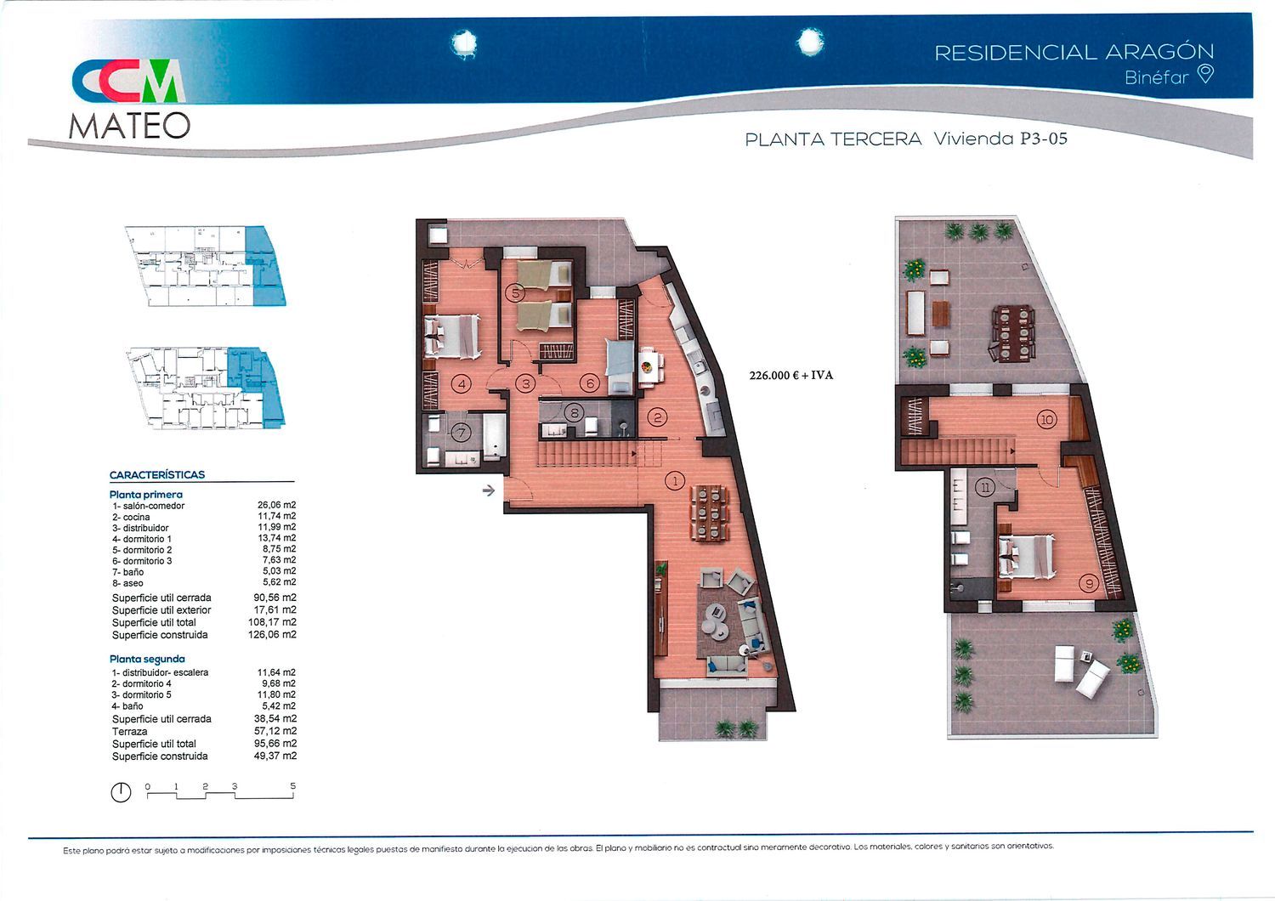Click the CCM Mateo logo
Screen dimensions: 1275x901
click(130, 99)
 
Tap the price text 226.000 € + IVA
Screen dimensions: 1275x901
click(791, 375)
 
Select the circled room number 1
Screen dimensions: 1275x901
click(675, 481)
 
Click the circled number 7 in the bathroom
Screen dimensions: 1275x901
click(461, 433)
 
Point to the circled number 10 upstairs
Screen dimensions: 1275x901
click(1046, 421)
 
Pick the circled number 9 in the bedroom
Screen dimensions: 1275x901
click(1089, 583)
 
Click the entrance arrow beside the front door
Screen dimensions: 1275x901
click(489, 490)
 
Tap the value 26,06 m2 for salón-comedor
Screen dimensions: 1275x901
click(276, 505)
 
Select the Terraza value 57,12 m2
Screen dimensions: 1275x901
click(275, 731)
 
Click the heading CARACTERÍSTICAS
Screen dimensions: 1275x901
click(157, 474)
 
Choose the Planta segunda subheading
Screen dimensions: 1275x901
click(147, 659)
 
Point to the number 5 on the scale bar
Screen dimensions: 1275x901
click(292, 786)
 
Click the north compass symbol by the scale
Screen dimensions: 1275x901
click(121, 791)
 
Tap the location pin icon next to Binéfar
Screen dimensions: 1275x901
click(1205, 74)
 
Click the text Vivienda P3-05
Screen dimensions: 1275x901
click(1000, 139)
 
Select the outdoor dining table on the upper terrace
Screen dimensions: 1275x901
click(1012, 332)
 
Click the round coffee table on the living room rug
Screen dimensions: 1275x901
click(716, 620)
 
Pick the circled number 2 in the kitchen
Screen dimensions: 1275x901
click(657, 417)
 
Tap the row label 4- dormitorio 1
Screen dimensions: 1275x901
click(142, 539)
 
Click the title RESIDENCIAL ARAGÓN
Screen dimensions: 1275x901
click(1074, 53)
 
